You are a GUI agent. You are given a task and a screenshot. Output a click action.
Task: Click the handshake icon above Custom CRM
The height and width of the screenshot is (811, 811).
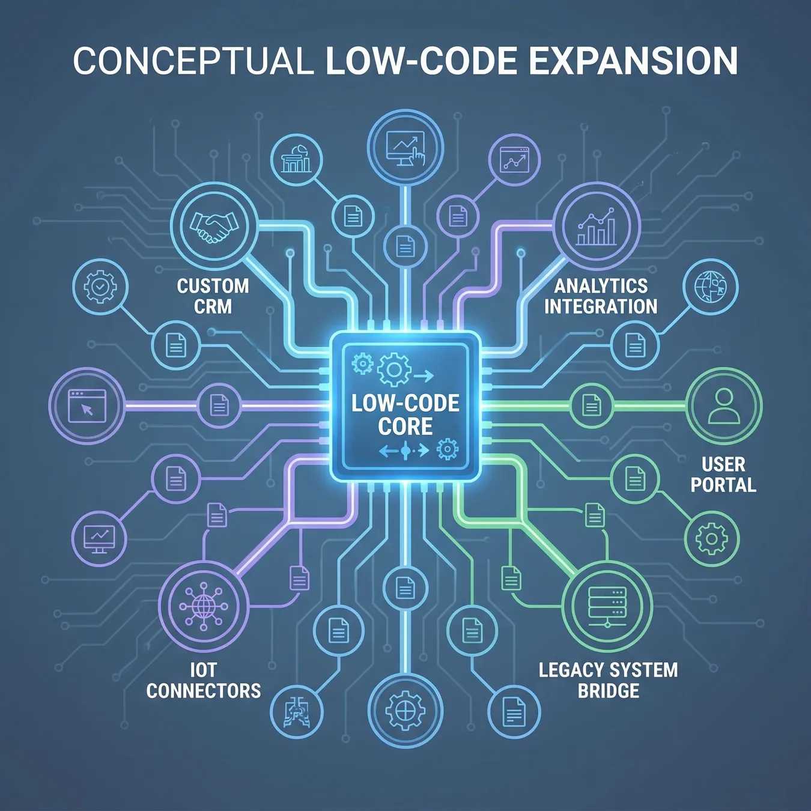(214, 226)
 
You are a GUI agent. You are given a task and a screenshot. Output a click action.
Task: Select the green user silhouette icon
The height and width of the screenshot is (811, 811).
(724, 405)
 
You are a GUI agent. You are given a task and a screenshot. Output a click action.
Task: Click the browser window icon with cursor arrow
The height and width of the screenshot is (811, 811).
(87, 406)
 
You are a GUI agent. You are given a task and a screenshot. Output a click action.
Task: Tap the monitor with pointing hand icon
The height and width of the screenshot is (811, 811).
(405, 149)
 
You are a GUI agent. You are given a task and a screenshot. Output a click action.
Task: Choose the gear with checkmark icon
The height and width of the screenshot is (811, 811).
(100, 287)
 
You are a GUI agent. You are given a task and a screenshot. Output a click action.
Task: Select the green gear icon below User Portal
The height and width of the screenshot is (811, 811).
(712, 539)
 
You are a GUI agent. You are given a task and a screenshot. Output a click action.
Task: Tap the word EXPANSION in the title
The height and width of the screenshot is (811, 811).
(630, 61)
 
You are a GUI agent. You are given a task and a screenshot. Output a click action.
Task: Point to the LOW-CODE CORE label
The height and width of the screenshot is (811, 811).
(405, 415)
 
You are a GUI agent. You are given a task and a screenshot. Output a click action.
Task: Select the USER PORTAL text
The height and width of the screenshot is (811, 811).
(723, 475)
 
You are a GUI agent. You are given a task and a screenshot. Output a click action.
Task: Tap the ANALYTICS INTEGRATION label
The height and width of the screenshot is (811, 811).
(601, 297)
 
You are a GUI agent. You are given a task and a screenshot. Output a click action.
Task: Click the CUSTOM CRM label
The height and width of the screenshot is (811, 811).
(213, 297)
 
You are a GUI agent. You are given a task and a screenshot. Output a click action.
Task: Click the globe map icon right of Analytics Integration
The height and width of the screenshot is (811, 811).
(711, 287)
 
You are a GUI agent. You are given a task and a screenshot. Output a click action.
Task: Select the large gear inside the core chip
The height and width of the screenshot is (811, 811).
(394, 369)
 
